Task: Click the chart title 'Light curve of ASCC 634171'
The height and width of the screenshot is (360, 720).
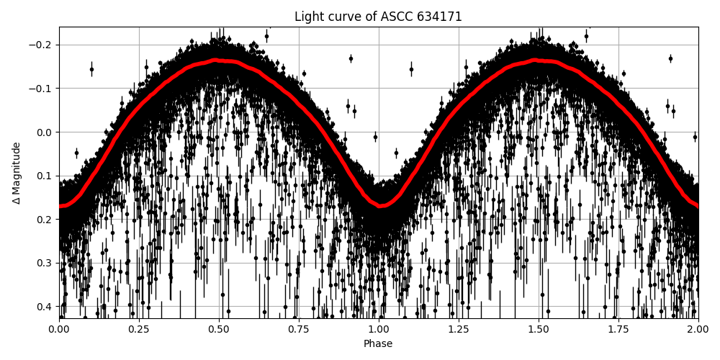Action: pyautogui.click(x=378, y=17)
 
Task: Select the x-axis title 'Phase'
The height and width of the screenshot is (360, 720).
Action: pyautogui.click(x=378, y=344)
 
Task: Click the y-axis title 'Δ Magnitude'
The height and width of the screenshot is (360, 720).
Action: pyautogui.click(x=16, y=173)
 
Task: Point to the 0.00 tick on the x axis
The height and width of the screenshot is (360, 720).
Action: pyautogui.click(x=59, y=329)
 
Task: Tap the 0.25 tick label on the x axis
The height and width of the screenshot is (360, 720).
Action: pyautogui.click(x=139, y=329)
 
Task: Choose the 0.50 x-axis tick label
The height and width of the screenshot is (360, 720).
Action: pyautogui.click(x=219, y=329)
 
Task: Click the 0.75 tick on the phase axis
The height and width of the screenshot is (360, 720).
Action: pyautogui.click(x=299, y=329)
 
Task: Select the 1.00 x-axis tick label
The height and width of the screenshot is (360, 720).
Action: pyautogui.click(x=379, y=329)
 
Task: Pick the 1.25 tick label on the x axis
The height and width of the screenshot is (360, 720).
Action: pyautogui.click(x=459, y=329)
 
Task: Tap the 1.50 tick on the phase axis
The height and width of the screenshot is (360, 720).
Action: pyautogui.click(x=539, y=329)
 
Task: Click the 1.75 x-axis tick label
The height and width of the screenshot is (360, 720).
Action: pyautogui.click(x=618, y=329)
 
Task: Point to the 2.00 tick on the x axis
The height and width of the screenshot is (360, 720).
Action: pyautogui.click(x=698, y=329)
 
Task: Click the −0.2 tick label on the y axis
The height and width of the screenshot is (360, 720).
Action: pyautogui.click(x=42, y=45)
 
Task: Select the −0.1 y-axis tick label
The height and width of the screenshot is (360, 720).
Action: pyautogui.click(x=42, y=89)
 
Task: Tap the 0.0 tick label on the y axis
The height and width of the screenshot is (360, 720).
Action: pyautogui.click(x=45, y=132)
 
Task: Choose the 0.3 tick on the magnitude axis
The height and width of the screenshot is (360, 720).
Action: pyautogui.click(x=45, y=263)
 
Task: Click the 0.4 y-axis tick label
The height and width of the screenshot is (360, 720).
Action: pyautogui.click(x=45, y=307)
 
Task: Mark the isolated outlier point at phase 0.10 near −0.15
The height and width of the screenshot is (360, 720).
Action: pyautogui.click(x=91, y=69)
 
